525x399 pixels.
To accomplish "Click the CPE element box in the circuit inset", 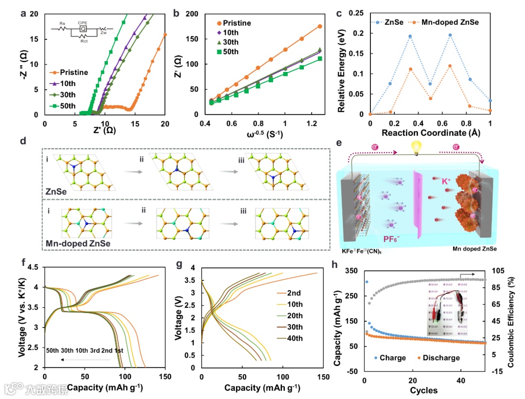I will pyautogui.click(x=83, y=29).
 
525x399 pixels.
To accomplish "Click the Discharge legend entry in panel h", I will pyautogui.click(x=440, y=358).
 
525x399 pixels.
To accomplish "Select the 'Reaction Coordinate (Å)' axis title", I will pyautogui.click(x=430, y=132).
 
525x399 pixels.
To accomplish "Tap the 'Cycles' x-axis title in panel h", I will pyautogui.click(x=424, y=390).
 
